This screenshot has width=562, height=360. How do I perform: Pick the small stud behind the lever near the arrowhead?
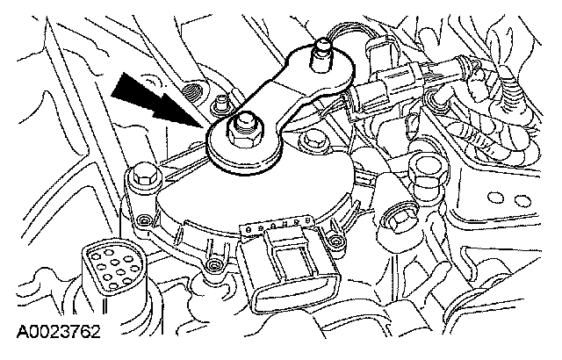[x=219, y=104]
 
